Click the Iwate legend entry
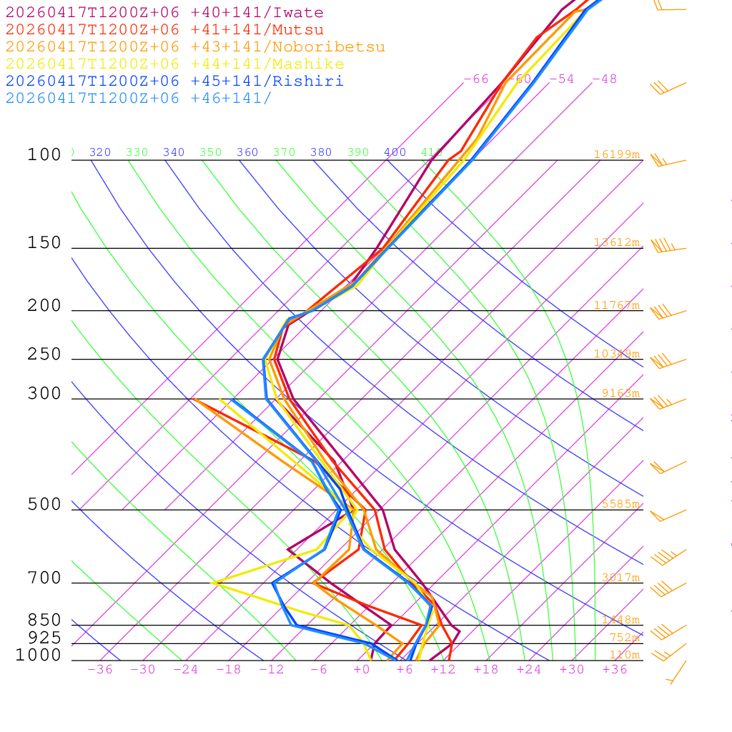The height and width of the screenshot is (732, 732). [x=164, y=13]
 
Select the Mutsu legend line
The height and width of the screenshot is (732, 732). [x=164, y=30]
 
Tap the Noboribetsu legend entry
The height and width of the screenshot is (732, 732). [x=195, y=47]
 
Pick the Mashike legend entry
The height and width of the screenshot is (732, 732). [x=174, y=64]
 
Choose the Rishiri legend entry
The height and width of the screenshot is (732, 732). [x=174, y=81]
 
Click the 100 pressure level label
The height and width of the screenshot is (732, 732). [x=44, y=154]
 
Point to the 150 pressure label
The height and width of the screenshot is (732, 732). [x=44, y=243]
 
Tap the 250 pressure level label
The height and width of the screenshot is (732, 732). [x=44, y=355]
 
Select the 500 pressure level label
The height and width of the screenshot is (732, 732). [x=44, y=505]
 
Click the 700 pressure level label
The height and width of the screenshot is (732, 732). [x=44, y=578]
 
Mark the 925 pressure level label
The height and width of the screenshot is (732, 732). [x=44, y=638]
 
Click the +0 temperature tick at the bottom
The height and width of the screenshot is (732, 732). [x=362, y=670]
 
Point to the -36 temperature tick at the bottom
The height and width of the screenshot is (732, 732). [x=100, y=670]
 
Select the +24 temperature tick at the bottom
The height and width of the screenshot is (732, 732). [x=529, y=670]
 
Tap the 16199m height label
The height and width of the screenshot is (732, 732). [x=616, y=154]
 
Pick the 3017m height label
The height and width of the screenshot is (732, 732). [x=620, y=578]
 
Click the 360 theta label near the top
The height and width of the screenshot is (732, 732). [x=247, y=152]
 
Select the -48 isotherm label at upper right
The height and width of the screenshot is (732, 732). [x=604, y=79]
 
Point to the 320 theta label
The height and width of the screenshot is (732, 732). [x=100, y=152]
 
